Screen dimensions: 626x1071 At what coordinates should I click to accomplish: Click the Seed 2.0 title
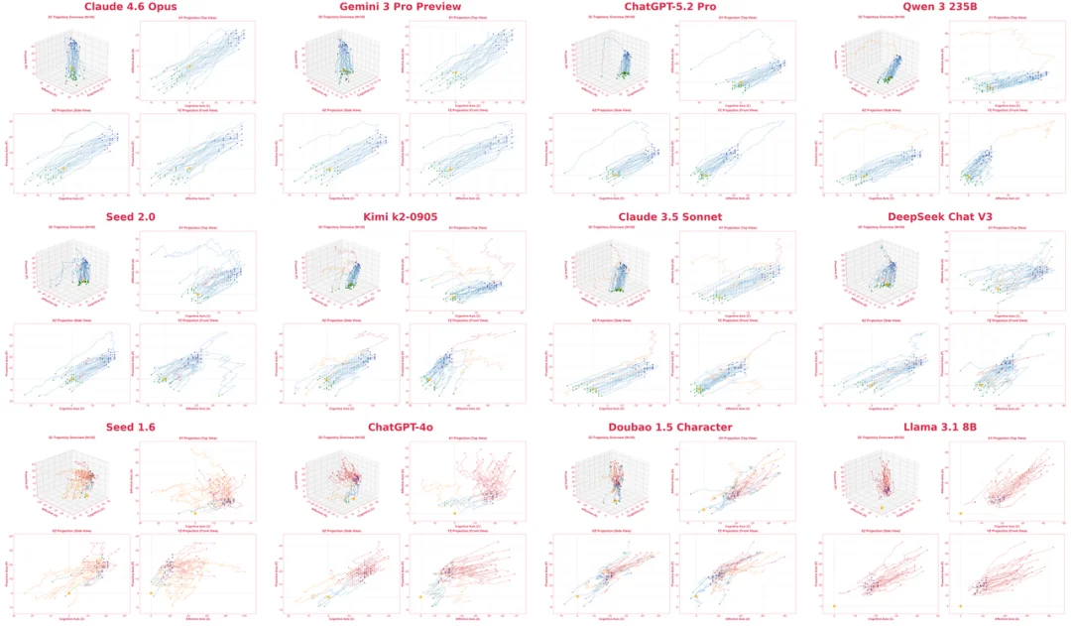point(132,217)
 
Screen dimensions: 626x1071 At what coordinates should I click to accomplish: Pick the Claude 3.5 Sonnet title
point(672,217)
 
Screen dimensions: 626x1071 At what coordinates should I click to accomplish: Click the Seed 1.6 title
point(132,428)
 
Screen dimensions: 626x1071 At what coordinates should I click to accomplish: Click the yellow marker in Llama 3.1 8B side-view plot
point(835,605)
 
